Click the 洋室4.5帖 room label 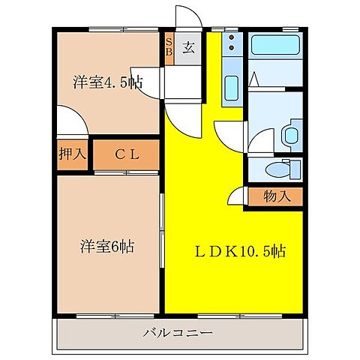click(107, 82)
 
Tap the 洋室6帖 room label click(108, 246)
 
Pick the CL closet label click(126, 155)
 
